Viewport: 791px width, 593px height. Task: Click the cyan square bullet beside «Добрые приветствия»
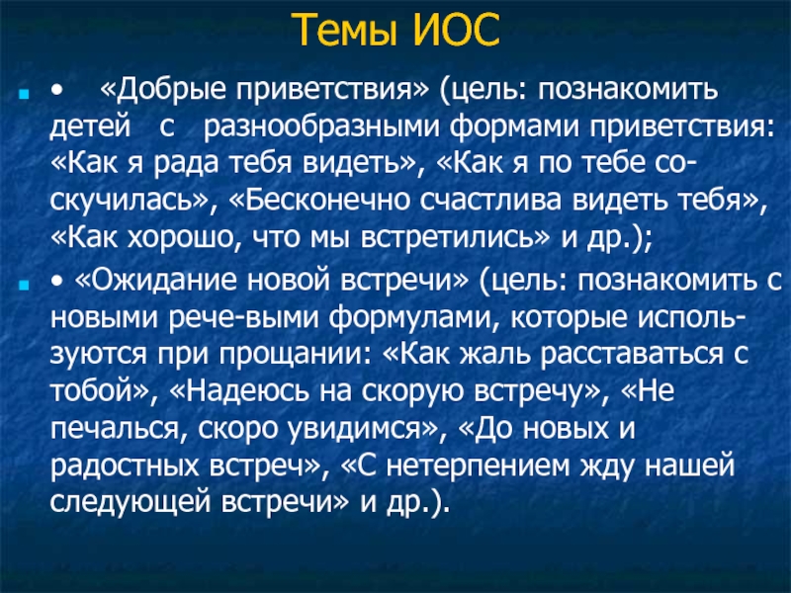point(23,93)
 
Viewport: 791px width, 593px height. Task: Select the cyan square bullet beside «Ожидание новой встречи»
point(23,286)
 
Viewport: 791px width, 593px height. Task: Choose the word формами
point(514,127)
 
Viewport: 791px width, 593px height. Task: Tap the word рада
point(186,164)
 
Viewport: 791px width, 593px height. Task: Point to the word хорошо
point(180,237)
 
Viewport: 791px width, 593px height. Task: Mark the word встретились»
point(454,237)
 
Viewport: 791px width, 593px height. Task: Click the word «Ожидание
point(155,280)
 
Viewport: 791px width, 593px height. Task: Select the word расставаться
point(632,355)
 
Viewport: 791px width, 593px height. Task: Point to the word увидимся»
point(362,429)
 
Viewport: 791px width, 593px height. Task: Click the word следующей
point(130,503)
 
